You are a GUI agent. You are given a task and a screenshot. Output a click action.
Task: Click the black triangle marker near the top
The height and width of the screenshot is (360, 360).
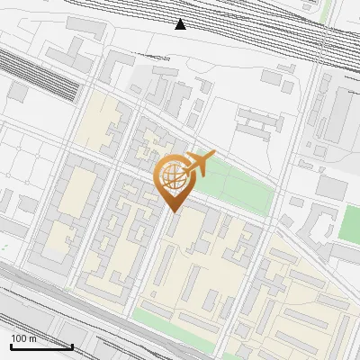pos(181,24)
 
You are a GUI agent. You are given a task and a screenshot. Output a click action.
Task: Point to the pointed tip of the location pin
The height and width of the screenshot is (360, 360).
pos(172,211)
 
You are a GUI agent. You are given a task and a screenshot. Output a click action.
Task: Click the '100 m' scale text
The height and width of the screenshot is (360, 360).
pos(24,338)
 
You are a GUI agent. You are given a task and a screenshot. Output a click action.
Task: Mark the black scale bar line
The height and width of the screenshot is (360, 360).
pos(41,346)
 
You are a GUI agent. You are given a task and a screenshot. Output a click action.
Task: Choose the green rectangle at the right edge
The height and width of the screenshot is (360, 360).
pos(348,224)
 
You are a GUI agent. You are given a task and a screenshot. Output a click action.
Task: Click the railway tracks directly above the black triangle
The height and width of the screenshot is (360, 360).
pos(181,7)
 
